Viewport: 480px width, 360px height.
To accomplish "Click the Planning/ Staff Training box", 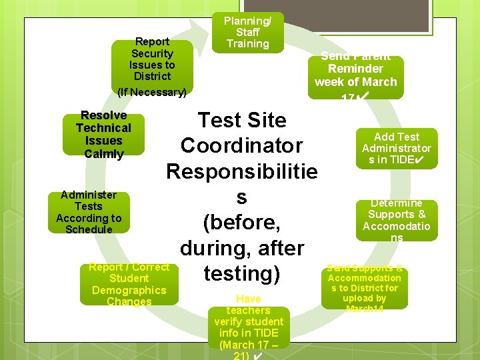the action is [x=247, y=32].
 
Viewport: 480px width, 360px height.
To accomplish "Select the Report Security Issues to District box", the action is [x=152, y=59].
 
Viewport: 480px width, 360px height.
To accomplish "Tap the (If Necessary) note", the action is [x=151, y=91].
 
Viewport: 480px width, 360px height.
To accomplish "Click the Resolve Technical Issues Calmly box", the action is [x=103, y=134].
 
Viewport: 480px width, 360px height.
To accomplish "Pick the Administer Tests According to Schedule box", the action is [x=89, y=212].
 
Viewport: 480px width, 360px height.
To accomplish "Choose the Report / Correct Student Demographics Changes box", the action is [x=129, y=284].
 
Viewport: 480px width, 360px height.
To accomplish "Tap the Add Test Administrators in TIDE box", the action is [x=396, y=149].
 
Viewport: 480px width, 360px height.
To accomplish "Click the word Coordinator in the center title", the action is [x=241, y=145].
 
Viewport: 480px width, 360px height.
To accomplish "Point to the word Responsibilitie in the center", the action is [x=241, y=171].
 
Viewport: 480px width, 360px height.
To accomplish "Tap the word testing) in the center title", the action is [x=241, y=273].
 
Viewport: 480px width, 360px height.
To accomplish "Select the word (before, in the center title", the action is [x=241, y=222].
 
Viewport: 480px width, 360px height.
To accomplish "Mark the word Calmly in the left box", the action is [x=104, y=154].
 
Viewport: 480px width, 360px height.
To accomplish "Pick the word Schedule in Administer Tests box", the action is [x=89, y=229].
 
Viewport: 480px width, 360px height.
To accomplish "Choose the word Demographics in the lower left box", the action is [x=129, y=290].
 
